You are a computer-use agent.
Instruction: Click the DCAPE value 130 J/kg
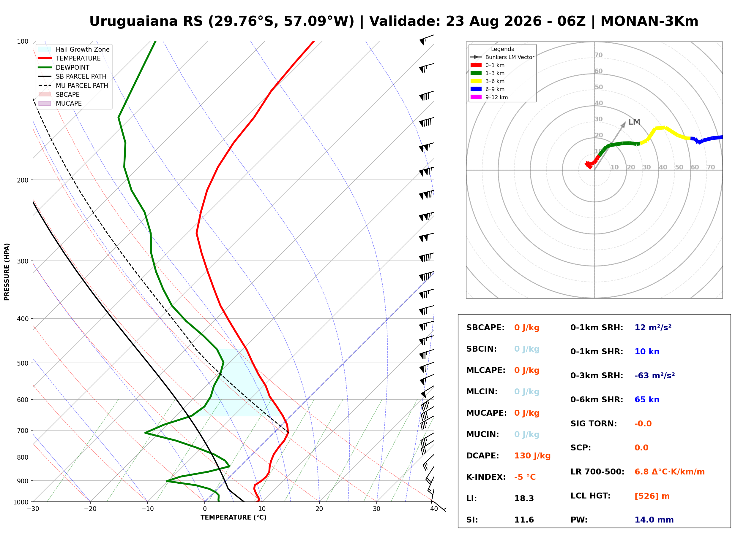click(532, 456)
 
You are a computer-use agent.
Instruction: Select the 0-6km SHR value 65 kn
click(647, 400)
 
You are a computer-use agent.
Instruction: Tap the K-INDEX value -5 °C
click(525, 477)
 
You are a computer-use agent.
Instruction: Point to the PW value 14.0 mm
click(654, 520)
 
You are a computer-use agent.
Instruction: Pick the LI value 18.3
click(524, 498)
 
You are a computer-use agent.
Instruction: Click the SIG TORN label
click(594, 424)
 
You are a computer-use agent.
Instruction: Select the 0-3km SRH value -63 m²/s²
click(655, 376)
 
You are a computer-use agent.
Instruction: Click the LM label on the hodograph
click(634, 122)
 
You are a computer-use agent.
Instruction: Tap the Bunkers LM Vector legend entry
click(502, 57)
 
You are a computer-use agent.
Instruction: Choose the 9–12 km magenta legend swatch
click(476, 97)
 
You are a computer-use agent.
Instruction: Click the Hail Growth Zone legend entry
click(74, 49)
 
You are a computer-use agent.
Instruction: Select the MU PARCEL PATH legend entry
click(73, 85)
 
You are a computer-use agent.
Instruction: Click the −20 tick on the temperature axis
click(90, 509)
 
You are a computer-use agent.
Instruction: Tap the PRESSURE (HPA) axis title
click(7, 272)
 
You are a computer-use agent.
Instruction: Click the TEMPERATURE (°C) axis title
click(233, 518)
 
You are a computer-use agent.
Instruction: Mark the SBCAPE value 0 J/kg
click(527, 328)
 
